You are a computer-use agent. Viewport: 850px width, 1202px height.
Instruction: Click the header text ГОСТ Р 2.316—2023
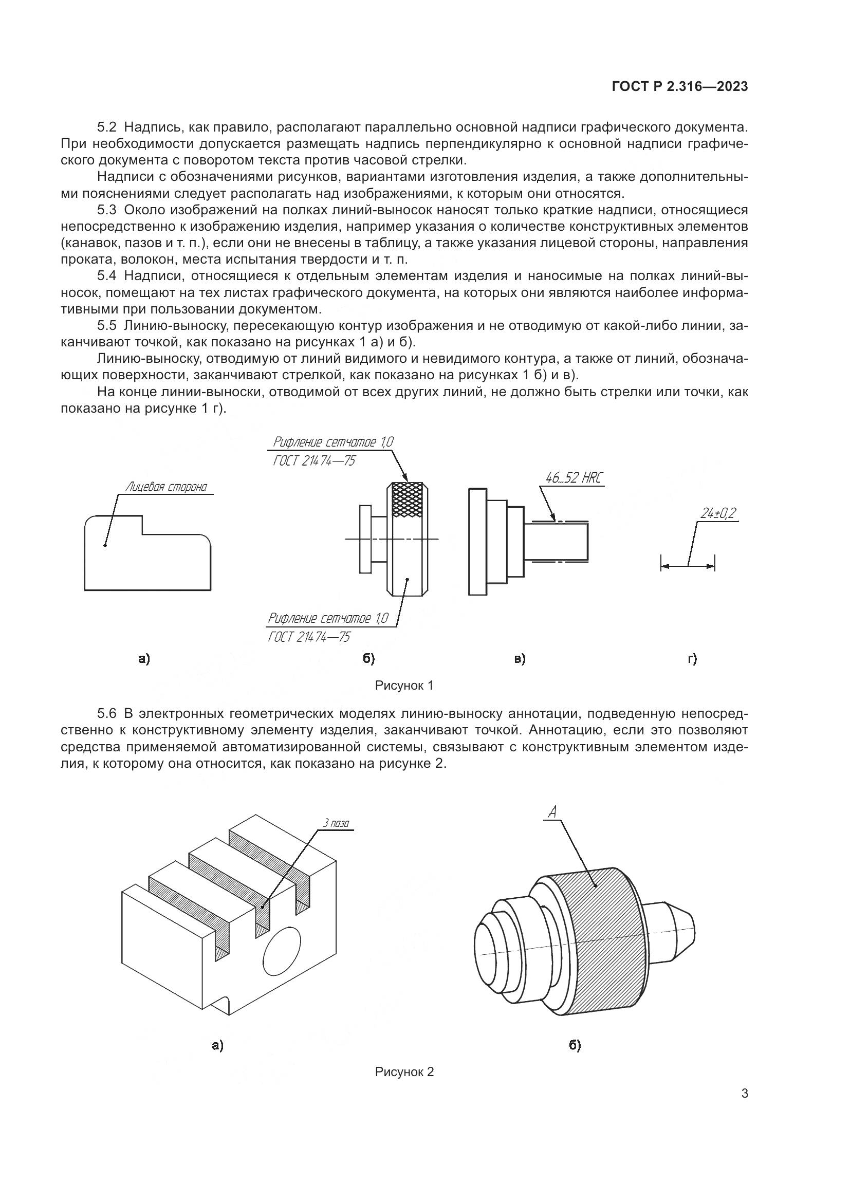click(x=679, y=87)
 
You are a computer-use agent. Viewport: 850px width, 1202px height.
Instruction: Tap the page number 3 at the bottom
click(x=745, y=1094)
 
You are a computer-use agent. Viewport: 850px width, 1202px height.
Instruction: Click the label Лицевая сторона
click(x=166, y=487)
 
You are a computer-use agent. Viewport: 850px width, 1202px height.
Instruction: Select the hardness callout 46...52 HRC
click(x=574, y=478)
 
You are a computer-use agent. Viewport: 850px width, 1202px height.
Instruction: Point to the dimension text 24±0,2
click(x=718, y=513)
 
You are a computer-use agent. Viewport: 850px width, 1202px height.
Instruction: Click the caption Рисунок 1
click(x=404, y=686)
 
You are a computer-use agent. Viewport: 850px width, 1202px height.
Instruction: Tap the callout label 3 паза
click(x=336, y=823)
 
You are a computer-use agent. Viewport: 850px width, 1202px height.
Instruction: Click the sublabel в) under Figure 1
click(x=519, y=659)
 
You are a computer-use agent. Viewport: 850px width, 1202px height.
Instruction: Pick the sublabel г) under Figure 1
click(x=692, y=659)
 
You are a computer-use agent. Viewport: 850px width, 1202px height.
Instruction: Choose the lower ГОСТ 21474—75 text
click(x=309, y=637)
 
